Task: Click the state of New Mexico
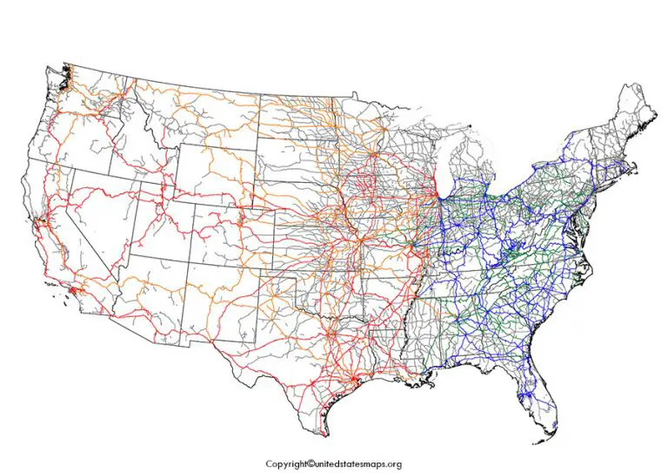[x=213, y=292]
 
